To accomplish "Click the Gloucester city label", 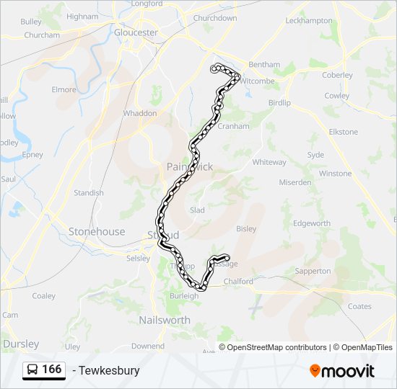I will coord(136,32).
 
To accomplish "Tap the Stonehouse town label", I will coord(97,232).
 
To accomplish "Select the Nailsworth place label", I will coord(165,320).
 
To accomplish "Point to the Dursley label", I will coord(21,344).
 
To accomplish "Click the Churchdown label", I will coord(215,18).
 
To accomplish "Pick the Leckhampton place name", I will coord(308,21).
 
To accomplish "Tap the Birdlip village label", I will coord(279,103).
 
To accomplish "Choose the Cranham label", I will coord(233,126).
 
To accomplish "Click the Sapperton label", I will coord(313,272).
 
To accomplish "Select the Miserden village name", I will coord(295,182).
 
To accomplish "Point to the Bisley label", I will coord(246,229).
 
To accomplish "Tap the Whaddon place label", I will coord(140,113).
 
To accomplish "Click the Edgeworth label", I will coord(313,224).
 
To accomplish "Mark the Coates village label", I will coord(359,306).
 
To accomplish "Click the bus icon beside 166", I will coord(32,370).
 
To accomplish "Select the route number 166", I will coord(51,370).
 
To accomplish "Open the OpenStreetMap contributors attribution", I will coord(277,347).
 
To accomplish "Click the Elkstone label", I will coord(343,132).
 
